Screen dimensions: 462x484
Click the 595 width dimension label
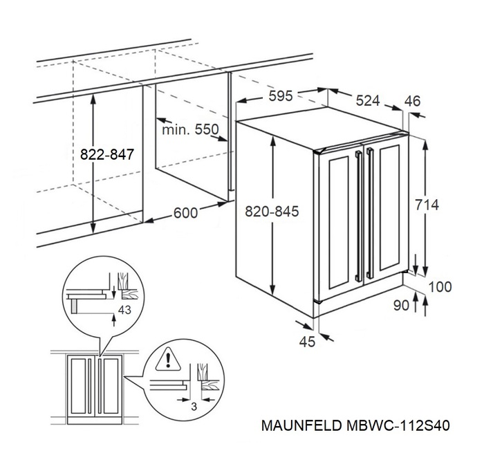pyautogui.click(x=281, y=95)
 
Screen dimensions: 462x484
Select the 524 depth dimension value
pyautogui.click(x=368, y=101)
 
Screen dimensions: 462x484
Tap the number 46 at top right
pyautogui.click(x=412, y=101)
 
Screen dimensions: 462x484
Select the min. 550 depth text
pyautogui.click(x=189, y=129)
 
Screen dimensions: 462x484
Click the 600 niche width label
pyautogui.click(x=185, y=213)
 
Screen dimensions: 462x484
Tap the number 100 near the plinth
pyautogui.click(x=440, y=286)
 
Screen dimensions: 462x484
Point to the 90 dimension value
pyautogui.click(x=401, y=304)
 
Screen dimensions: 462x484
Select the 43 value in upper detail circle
pyautogui.click(x=124, y=310)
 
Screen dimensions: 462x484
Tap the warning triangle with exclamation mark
pyautogui.click(x=167, y=359)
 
